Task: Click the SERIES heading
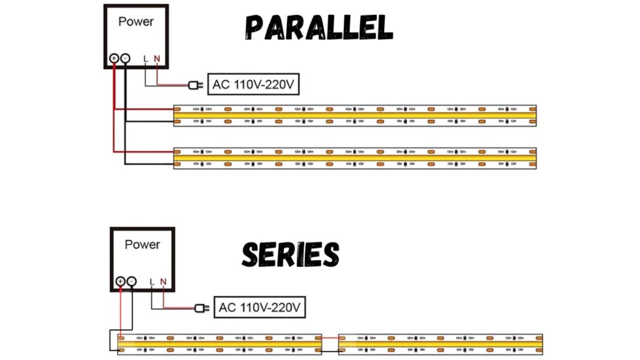(291, 255)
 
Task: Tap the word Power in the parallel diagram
(136, 21)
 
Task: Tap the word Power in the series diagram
(142, 244)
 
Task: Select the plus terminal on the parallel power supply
(114, 58)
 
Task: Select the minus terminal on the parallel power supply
(125, 58)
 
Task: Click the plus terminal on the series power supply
(120, 281)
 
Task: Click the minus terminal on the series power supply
(131, 281)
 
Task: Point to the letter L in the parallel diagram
(146, 59)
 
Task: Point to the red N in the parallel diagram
(157, 59)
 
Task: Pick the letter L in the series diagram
(152, 282)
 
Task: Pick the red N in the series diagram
(163, 282)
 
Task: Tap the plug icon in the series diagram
(201, 307)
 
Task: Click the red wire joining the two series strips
(330, 338)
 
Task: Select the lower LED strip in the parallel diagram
(354, 159)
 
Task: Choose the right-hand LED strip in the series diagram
(440, 344)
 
